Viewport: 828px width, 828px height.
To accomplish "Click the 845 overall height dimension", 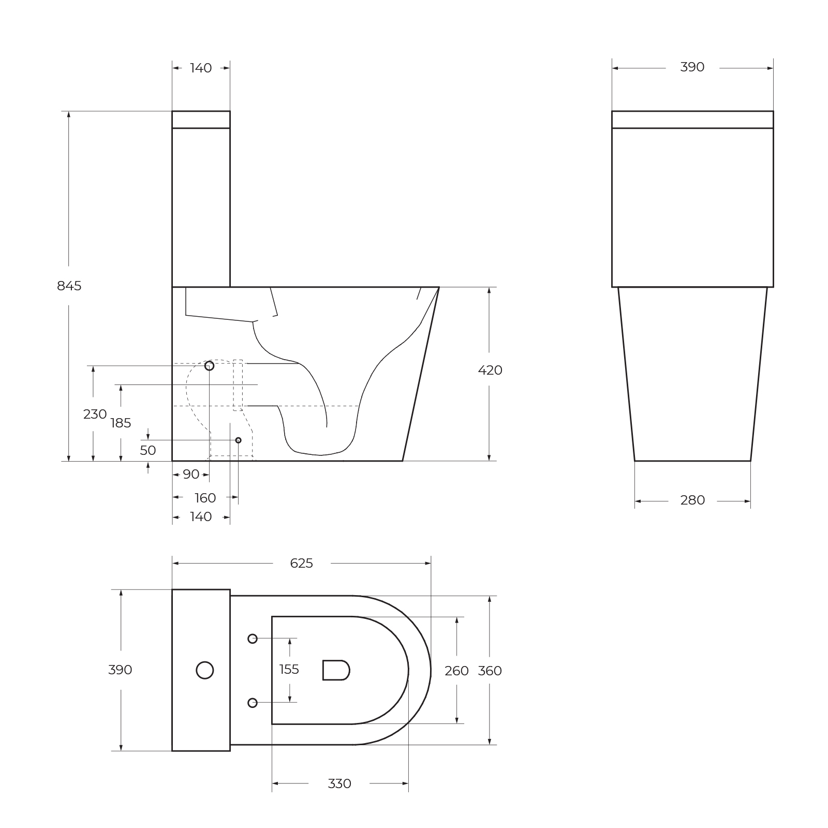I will click(69, 286).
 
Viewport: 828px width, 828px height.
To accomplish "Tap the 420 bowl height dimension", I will click(490, 370).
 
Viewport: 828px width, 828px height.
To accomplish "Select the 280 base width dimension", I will click(692, 500).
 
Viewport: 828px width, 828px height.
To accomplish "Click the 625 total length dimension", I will click(301, 563).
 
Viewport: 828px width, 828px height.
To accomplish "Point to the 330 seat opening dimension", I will click(339, 783).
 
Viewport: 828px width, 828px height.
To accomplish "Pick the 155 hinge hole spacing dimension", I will click(289, 670).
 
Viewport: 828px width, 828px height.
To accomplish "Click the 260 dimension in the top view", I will click(456, 671).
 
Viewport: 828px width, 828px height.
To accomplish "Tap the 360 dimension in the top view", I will click(490, 671).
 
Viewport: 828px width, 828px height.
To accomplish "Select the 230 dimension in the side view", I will click(95, 414).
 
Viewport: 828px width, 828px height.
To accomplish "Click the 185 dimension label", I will click(121, 423).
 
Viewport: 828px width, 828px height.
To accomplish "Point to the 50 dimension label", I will click(148, 450).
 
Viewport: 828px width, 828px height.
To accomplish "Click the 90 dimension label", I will click(191, 474).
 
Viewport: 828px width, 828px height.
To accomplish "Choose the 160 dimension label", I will click(205, 498).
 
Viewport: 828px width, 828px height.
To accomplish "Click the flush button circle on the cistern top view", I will click(205, 670).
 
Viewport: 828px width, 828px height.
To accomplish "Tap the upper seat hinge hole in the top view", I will click(253, 639).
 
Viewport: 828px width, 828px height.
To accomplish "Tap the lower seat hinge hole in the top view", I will click(253, 702).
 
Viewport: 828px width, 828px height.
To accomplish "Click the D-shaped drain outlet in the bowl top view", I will click(336, 670).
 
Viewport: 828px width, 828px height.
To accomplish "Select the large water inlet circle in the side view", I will click(209, 366).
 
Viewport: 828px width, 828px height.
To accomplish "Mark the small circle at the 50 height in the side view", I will click(238, 440).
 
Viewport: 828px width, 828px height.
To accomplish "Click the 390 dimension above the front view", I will click(692, 67).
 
